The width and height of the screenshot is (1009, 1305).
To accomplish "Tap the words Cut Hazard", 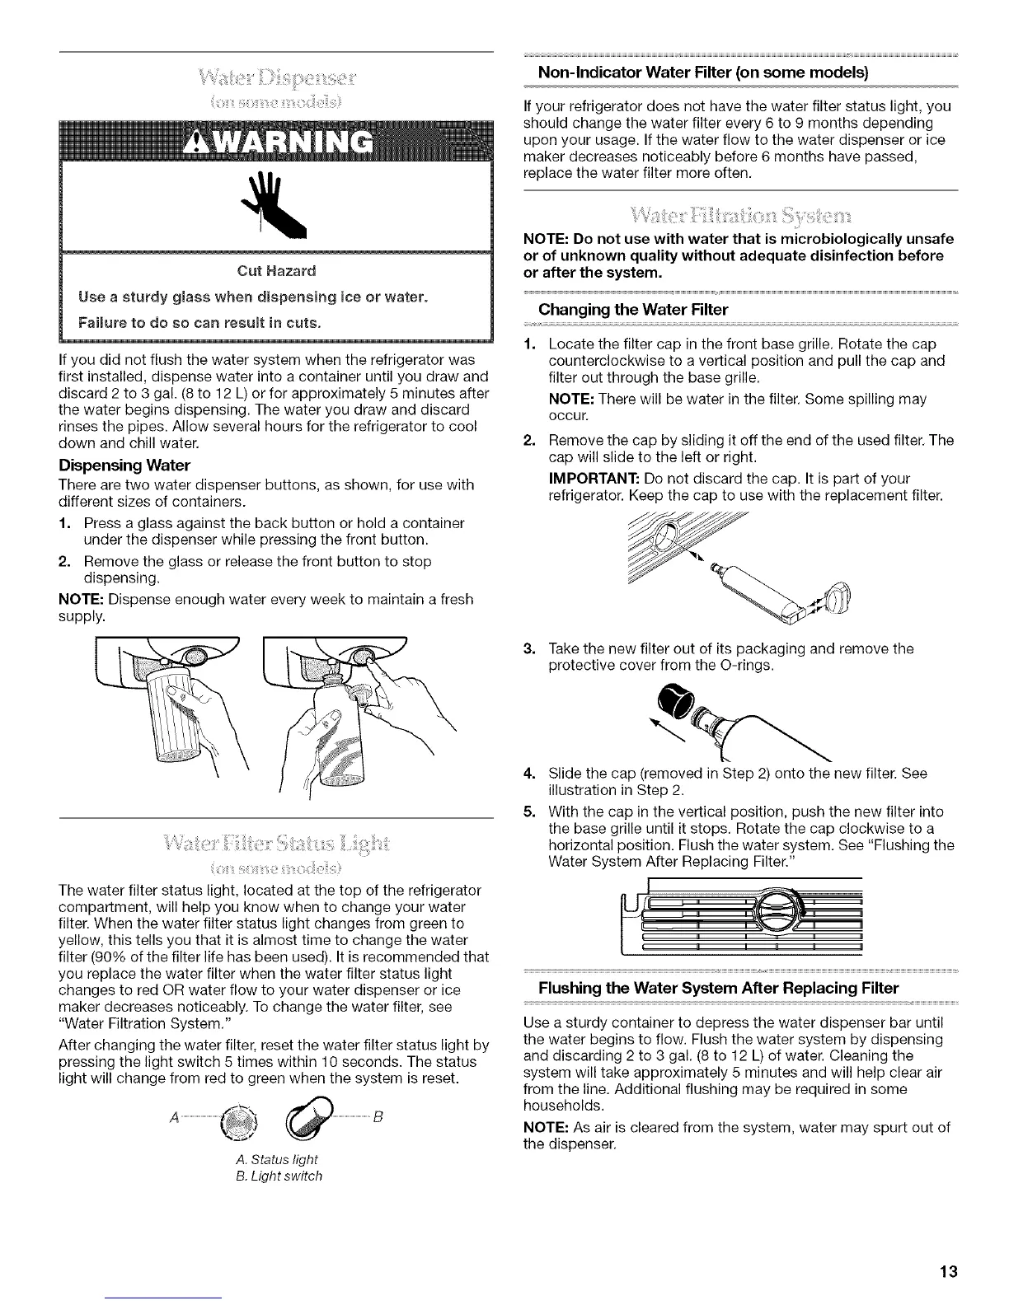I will [276, 271].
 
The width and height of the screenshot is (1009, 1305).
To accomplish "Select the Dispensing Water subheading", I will [124, 465].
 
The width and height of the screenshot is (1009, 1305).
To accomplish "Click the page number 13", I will [948, 1272].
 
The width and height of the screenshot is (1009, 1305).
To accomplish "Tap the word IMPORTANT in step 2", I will [584, 479].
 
